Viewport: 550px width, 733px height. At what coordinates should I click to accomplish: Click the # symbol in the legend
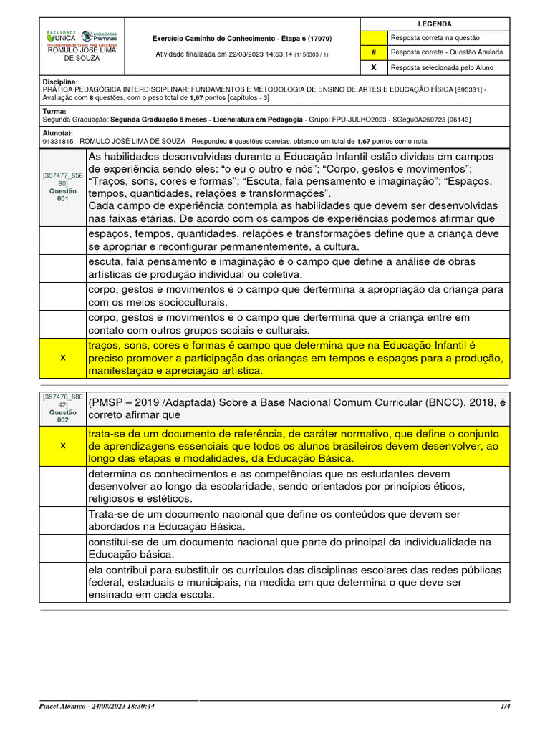click(x=373, y=52)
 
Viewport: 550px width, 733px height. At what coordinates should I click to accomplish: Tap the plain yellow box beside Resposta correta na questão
click(x=373, y=38)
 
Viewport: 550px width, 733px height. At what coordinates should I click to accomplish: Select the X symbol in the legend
click(x=373, y=67)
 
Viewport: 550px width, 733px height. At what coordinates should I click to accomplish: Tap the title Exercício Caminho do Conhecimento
click(x=242, y=38)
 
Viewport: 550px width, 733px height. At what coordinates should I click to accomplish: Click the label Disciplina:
click(x=60, y=82)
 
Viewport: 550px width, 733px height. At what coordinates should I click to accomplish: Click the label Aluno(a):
click(x=58, y=133)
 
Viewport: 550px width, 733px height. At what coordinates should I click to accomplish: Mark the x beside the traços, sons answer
click(x=63, y=357)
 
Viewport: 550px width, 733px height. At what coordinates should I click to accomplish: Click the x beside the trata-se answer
click(x=63, y=445)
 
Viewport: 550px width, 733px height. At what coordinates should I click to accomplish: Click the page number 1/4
click(x=505, y=706)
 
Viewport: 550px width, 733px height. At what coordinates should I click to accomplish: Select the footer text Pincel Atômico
click(x=65, y=706)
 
